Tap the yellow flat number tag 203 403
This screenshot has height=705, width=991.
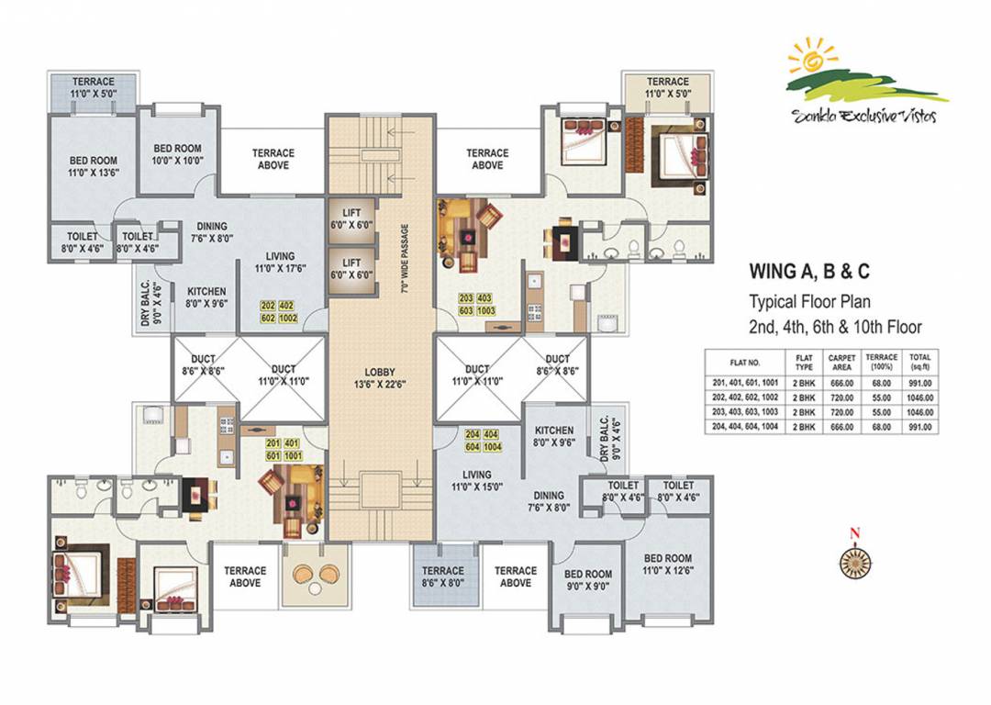[x=476, y=305]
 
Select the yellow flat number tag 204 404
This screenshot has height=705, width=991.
[x=483, y=440]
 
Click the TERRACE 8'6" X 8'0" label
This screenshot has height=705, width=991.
[x=443, y=576]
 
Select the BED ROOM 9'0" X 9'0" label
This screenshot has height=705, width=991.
[x=588, y=581]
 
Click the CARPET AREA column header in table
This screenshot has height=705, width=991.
[x=841, y=359]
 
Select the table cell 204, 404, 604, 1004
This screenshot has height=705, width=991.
[x=744, y=427]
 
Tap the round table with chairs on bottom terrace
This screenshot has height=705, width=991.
[x=316, y=576]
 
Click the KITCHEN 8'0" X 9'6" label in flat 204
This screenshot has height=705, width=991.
[x=554, y=436]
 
